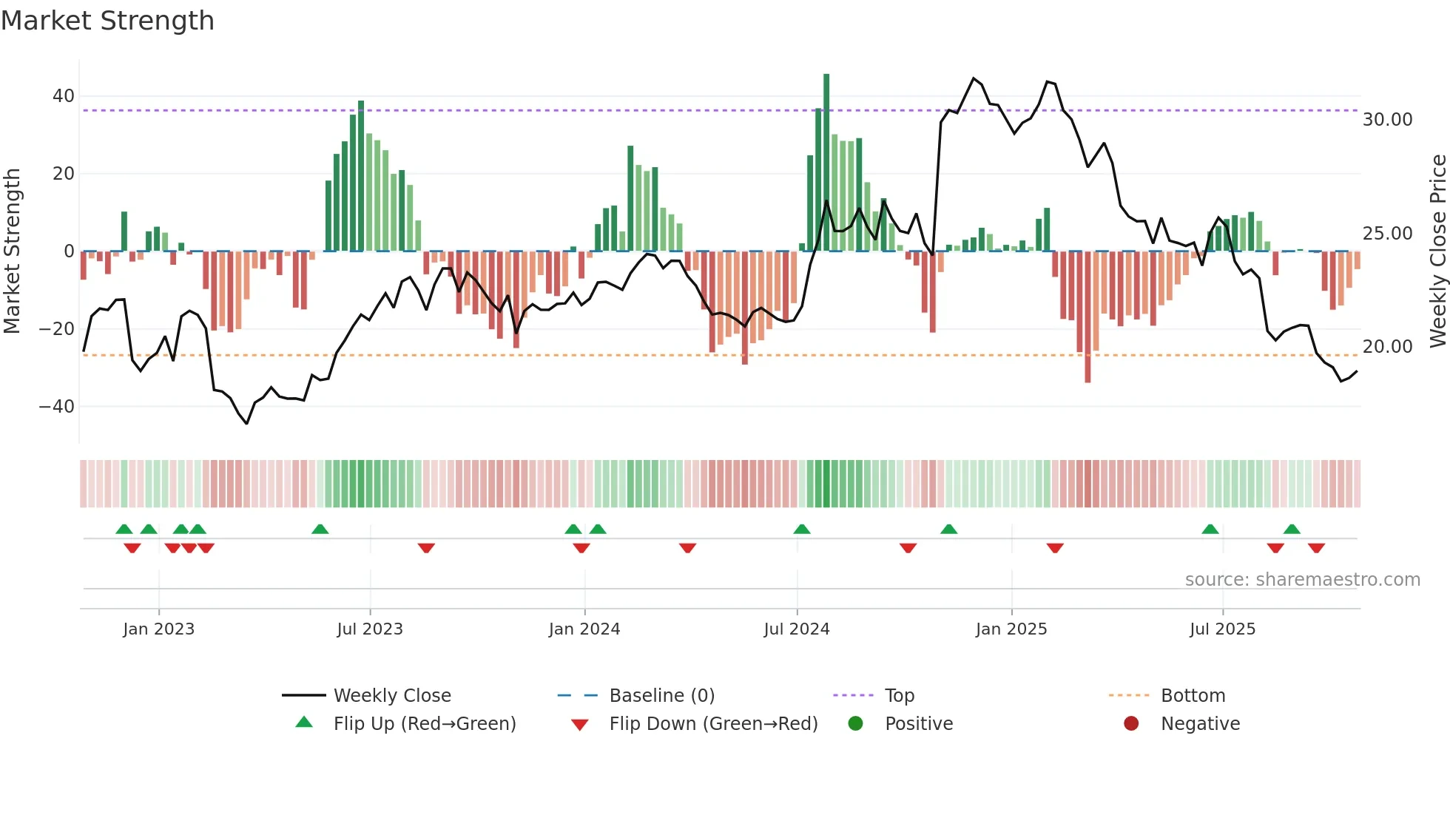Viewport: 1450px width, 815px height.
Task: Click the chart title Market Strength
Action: coord(107,21)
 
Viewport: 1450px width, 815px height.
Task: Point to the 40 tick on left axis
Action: coord(64,96)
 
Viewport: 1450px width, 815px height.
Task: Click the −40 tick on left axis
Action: coord(58,407)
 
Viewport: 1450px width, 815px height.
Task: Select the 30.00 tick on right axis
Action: coord(1387,120)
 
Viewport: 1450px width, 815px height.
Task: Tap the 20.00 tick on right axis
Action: coord(1387,347)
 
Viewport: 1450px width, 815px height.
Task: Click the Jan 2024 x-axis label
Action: coord(584,629)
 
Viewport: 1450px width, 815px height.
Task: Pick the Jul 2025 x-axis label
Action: coord(1222,629)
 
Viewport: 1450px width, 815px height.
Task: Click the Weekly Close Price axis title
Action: coord(1437,251)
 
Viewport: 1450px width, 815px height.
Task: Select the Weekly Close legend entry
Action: coord(392,696)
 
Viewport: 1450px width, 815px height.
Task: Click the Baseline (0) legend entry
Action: coord(661,696)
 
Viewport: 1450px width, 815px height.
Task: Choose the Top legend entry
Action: coord(900,696)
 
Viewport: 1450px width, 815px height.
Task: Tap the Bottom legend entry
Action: coord(1193,696)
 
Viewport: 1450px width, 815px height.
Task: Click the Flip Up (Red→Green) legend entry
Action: coord(425,724)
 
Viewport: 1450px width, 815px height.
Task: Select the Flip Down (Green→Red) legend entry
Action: coord(713,724)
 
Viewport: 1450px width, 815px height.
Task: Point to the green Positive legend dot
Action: coord(855,724)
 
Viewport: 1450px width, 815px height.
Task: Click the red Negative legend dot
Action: coord(1130,724)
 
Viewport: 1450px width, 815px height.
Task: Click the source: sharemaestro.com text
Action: coord(1302,580)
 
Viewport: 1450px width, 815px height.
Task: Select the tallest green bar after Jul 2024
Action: coord(826,163)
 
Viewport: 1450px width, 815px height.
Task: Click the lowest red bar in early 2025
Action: coord(1087,318)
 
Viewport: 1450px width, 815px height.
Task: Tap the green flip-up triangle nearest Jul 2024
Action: coord(802,530)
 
